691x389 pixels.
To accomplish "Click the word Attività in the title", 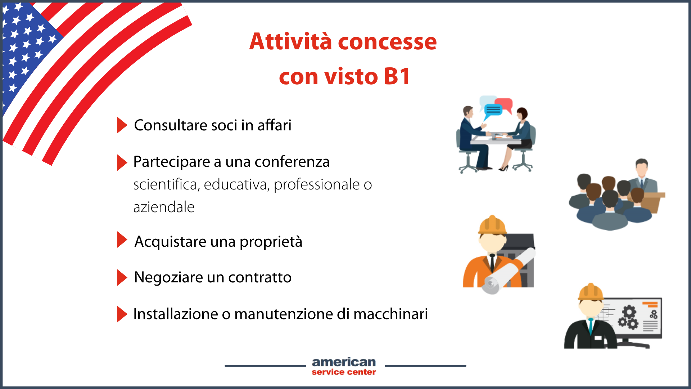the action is coord(290,41).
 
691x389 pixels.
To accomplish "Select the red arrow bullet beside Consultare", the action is coord(122,125).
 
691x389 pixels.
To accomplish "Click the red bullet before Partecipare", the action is coord(122,162).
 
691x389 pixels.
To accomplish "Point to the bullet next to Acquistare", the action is coord(122,240).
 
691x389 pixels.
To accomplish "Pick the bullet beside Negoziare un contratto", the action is coord(122,277).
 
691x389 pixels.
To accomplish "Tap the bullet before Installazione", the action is coord(122,314).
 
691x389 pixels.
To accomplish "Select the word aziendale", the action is coord(164,207).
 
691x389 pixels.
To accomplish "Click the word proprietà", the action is coord(271,242).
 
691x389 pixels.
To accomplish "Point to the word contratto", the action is coord(260,277).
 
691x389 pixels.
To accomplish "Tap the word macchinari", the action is coord(391,314).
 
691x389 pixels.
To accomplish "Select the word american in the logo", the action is coord(344,362).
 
